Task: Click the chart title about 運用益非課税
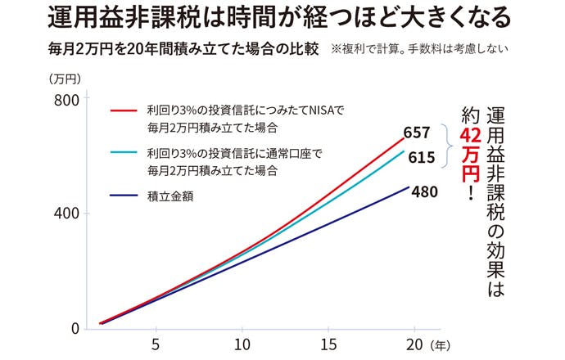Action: (x=282, y=18)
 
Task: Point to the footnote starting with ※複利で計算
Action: (x=419, y=49)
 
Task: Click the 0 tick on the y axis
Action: (x=73, y=328)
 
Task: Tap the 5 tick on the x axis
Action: (x=156, y=344)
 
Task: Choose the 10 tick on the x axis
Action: (x=242, y=344)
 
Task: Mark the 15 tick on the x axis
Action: (x=328, y=344)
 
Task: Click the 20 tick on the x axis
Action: (x=414, y=344)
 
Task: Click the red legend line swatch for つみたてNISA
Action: (x=125, y=109)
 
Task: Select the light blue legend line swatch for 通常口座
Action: (x=125, y=151)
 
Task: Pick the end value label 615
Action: (x=421, y=158)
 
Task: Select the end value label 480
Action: (x=425, y=192)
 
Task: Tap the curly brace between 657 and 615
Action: (x=446, y=146)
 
